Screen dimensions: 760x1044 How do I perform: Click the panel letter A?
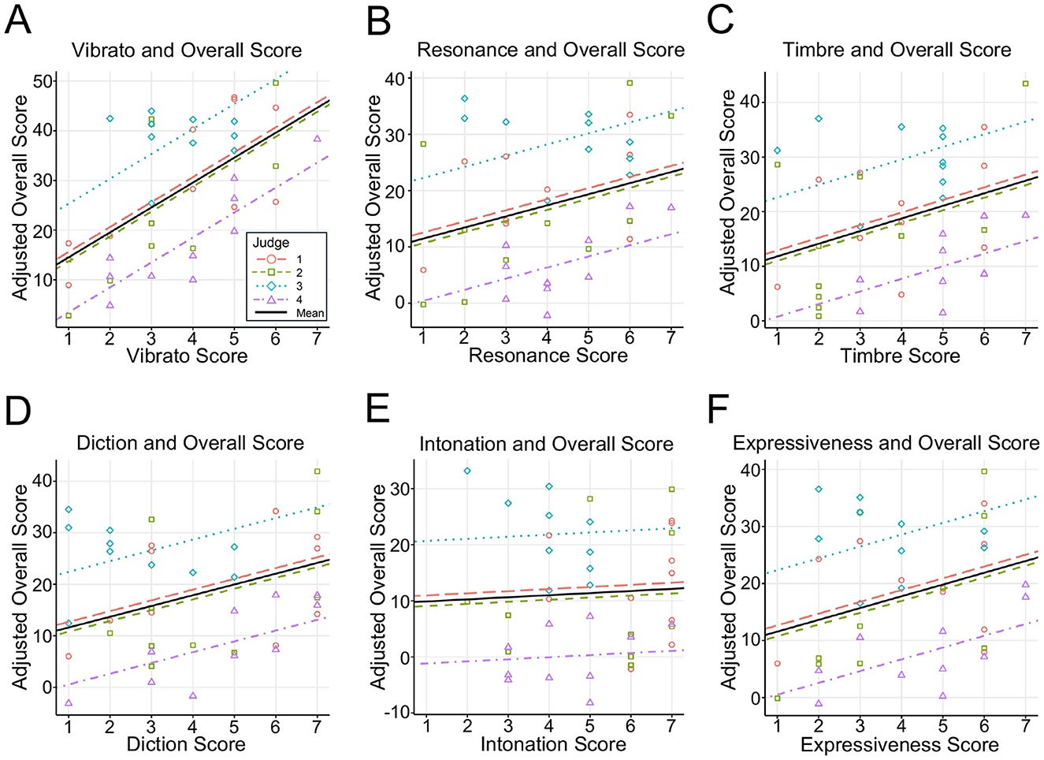point(17,20)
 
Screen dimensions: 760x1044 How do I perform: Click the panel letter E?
point(377,409)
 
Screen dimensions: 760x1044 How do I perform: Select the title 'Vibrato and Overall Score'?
point(187,50)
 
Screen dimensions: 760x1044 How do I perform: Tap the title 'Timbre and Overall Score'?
point(897,50)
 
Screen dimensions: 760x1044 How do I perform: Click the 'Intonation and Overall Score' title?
point(546,444)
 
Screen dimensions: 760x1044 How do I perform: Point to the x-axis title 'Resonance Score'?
point(548,356)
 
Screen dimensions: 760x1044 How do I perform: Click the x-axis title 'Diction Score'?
point(186,743)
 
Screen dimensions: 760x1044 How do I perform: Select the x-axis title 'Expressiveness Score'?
point(899,744)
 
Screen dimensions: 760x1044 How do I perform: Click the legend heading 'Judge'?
point(270,243)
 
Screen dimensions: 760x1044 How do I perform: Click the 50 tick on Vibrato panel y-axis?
point(43,81)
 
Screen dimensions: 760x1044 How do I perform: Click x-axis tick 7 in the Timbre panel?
point(1025,337)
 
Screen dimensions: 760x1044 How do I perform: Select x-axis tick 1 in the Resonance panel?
point(423,337)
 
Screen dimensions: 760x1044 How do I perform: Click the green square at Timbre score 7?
point(1025,84)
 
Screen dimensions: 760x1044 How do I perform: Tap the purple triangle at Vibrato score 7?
point(317,139)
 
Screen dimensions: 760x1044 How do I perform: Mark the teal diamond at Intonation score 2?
point(467,471)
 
